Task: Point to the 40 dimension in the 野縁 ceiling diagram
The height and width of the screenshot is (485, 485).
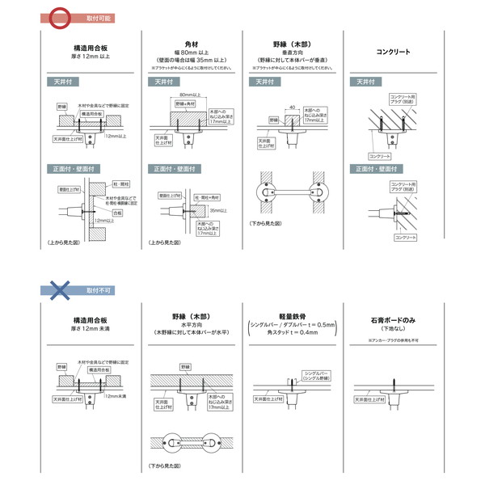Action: (290, 107)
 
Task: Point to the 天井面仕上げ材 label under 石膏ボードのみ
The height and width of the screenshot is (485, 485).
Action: (371, 399)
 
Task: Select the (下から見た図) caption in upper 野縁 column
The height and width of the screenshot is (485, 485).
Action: (266, 222)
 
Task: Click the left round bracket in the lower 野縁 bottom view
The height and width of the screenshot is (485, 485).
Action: (173, 441)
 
